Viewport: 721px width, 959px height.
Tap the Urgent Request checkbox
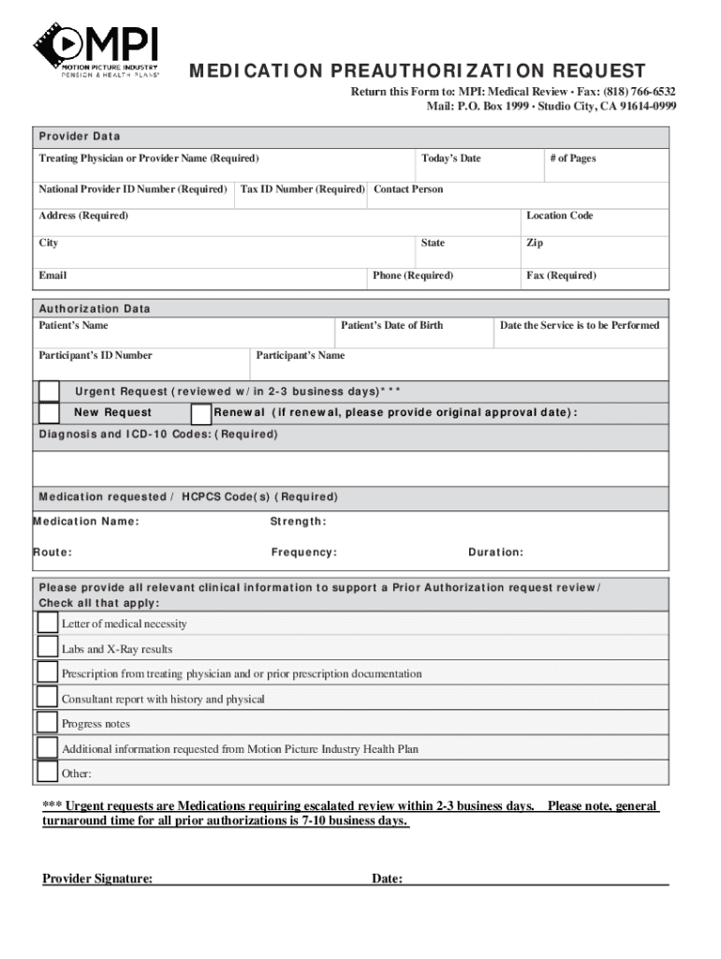pos(49,391)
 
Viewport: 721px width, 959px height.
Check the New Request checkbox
pos(49,413)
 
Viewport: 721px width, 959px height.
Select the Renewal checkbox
pos(200,414)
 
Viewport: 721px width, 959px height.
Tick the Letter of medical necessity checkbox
pos(47,623)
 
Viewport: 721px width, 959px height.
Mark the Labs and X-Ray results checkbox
pos(47,647)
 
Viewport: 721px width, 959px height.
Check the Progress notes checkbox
pos(47,722)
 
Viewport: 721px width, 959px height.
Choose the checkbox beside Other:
pos(47,773)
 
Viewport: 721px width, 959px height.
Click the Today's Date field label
pos(451,159)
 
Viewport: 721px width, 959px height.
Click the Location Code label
pos(560,216)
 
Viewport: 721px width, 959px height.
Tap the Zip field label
pos(535,243)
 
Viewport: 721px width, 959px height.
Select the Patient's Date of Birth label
pos(392,326)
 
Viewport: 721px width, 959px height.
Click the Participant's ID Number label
pos(96,356)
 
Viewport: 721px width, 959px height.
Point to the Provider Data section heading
pos(80,137)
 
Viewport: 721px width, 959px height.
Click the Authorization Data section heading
pos(94,309)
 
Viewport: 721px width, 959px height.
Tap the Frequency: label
pos(304,553)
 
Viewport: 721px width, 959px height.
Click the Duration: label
pos(496,553)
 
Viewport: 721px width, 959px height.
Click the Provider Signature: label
pos(98,878)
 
